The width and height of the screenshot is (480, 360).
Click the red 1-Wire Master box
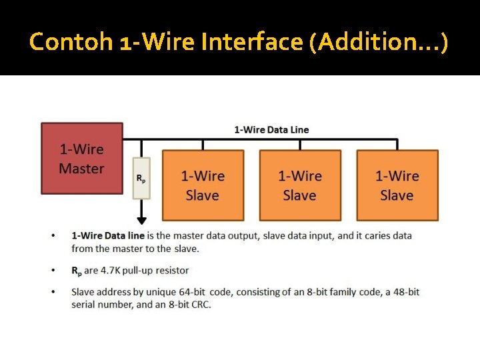tap(82, 158)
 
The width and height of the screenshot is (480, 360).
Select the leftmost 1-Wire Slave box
tap(203, 185)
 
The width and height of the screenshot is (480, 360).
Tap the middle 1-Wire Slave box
tap(299, 185)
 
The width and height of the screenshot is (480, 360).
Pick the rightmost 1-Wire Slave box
tap(397, 185)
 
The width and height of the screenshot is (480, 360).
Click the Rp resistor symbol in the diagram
tap(141, 178)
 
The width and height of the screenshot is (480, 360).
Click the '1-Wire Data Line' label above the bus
tap(271, 129)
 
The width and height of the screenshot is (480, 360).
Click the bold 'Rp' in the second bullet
tap(77, 271)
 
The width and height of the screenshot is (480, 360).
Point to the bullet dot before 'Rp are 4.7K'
tap(53, 271)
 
